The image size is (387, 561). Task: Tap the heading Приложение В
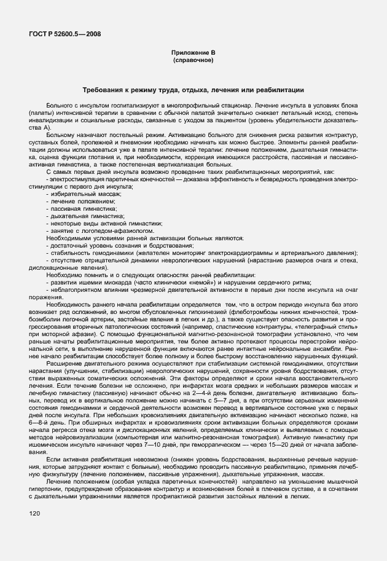coord(193,54)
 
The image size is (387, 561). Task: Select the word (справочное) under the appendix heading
coord(193,61)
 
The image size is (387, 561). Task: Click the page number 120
coord(34,513)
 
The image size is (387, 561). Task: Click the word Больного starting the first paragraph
coord(59,106)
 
